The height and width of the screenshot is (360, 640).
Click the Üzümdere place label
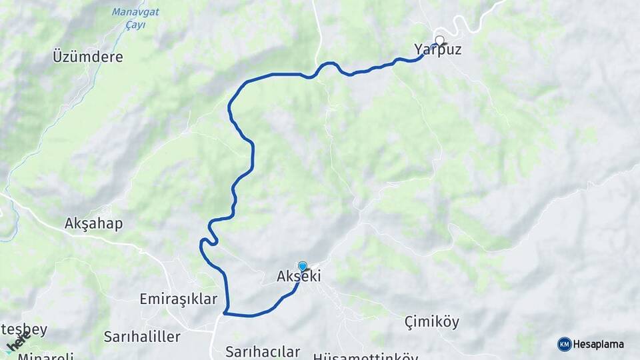88,57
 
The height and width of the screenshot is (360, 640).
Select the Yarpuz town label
437,50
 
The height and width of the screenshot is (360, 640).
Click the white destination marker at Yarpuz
439,40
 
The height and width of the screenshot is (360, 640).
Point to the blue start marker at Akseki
303,266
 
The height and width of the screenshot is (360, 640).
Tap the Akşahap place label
94,223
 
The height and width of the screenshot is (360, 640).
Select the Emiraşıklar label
179,299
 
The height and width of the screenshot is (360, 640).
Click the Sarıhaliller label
142,337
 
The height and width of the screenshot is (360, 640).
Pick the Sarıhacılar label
263,351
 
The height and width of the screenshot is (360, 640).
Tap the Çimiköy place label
432,322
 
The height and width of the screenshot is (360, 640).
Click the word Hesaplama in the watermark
599,344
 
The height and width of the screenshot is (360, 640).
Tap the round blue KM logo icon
564,344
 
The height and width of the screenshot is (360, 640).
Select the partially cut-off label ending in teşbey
24,329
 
